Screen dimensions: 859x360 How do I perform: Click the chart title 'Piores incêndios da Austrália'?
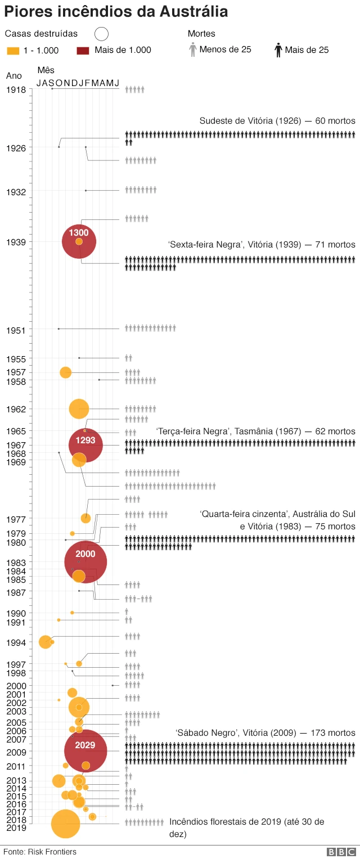pyautogui.click(x=116, y=12)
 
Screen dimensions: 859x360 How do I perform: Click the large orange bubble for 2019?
pyautogui.click(x=65, y=824)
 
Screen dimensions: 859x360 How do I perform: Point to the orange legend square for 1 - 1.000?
pyautogui.click(x=12, y=51)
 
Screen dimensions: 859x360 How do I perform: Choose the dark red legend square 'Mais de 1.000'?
pyautogui.click(x=83, y=51)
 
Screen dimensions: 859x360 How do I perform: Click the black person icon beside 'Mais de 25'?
pyautogui.click(x=278, y=51)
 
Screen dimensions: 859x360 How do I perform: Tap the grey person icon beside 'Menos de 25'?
pyautogui.click(x=193, y=50)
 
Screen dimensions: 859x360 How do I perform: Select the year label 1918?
pyautogui.click(x=16, y=90)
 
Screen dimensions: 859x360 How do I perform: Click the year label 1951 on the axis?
pyautogui.click(x=16, y=330)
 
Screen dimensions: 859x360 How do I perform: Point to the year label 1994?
pyautogui.click(x=16, y=643)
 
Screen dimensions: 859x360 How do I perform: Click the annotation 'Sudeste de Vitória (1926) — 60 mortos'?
pyautogui.click(x=277, y=121)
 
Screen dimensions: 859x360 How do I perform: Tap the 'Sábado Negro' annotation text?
pyautogui.click(x=265, y=733)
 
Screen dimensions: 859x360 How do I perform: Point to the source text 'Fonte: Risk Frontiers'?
pyautogui.click(x=40, y=852)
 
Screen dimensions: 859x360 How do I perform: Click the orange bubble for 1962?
pyautogui.click(x=79, y=408)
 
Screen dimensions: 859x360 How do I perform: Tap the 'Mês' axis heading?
pyautogui.click(x=46, y=70)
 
